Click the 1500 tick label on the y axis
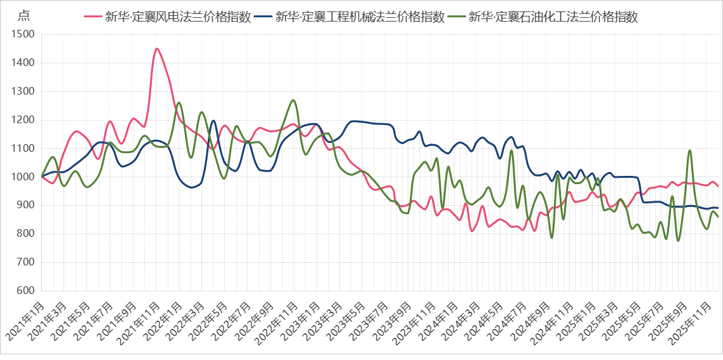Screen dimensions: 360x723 coord(23,35)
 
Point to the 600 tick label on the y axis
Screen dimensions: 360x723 coord(25,291)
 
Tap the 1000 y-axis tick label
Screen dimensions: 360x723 coord(23,177)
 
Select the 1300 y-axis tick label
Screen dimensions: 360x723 coord(23,91)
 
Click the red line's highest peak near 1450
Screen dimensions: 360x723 coord(156,49)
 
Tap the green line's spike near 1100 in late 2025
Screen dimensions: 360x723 coord(690,150)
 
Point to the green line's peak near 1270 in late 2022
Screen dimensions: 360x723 coord(293,100)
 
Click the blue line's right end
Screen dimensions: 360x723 coord(718,208)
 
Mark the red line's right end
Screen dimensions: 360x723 coord(718,187)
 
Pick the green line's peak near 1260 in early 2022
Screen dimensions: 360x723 coord(179,102)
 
